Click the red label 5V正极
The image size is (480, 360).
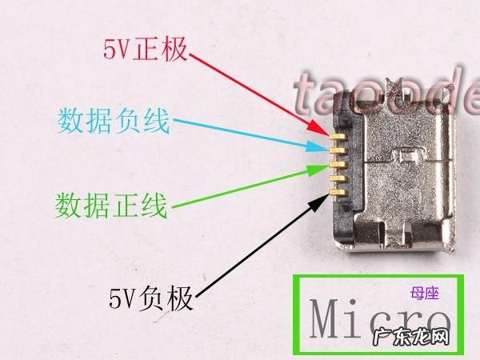(x=145, y=50)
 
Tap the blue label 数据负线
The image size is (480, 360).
(x=113, y=122)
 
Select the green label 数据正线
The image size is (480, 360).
(x=111, y=205)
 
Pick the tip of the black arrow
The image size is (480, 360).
(x=329, y=193)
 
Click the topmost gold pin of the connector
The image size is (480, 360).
(x=338, y=137)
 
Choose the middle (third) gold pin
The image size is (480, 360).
(x=338, y=163)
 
